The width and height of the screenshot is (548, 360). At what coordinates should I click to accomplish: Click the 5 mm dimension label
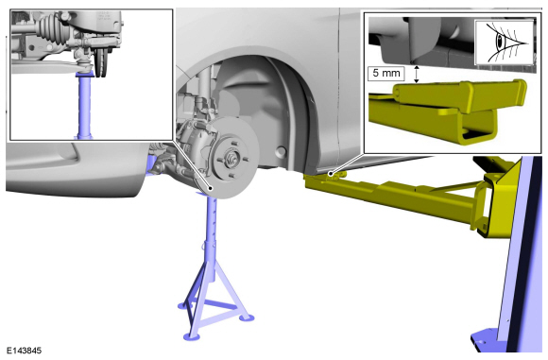[385, 74]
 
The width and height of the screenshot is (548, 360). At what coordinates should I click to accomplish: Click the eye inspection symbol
[505, 43]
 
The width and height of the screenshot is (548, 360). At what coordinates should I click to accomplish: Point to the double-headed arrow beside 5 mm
[416, 74]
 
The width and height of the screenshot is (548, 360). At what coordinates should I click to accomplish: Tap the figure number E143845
[24, 351]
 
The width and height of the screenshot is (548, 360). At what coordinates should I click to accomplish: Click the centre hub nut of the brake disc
[231, 154]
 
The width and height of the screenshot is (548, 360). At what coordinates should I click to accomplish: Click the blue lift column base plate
[488, 340]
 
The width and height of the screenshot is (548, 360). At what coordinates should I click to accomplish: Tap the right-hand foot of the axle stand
[246, 317]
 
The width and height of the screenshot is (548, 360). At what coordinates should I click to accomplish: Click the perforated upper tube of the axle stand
[210, 216]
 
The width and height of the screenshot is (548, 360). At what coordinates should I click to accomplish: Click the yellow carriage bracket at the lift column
[496, 199]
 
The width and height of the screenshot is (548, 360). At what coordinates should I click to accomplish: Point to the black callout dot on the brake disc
[211, 188]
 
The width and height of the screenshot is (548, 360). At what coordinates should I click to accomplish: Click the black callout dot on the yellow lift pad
[331, 174]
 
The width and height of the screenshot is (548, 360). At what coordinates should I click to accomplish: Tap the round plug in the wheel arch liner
[281, 151]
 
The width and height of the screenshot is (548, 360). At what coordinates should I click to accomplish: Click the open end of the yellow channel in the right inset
[479, 133]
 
